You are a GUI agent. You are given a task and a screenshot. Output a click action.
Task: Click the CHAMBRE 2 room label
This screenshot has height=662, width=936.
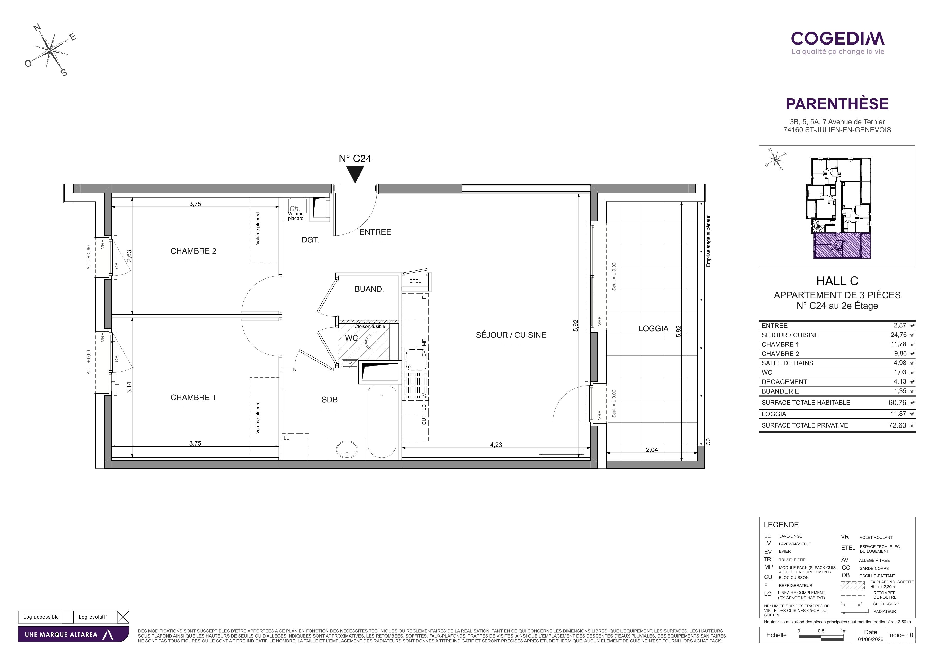click(193, 251)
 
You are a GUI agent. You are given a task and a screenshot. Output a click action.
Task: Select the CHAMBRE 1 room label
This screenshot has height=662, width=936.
click(193, 397)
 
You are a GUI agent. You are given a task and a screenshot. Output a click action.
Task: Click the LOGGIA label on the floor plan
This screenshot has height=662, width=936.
click(653, 328)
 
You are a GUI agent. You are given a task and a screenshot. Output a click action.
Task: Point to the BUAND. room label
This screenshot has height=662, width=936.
click(369, 289)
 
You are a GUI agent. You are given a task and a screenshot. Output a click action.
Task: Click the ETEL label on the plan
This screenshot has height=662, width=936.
click(415, 281)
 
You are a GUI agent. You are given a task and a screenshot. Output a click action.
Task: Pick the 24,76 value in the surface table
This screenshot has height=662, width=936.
click(898, 335)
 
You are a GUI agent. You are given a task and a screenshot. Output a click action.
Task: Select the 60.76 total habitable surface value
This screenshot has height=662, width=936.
click(898, 402)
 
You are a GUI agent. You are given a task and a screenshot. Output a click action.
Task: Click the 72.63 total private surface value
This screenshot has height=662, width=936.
click(898, 425)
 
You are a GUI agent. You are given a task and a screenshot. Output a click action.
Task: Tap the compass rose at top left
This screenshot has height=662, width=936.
click(50, 50)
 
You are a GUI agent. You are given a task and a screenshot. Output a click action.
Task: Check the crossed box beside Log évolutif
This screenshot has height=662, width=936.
click(123, 617)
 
